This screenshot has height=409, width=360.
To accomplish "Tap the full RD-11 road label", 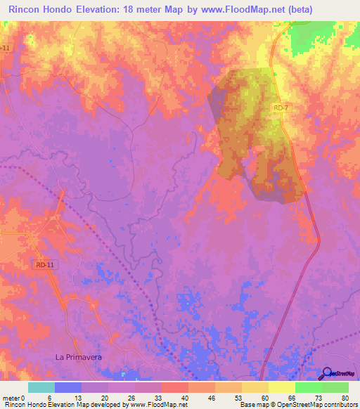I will click(44, 265).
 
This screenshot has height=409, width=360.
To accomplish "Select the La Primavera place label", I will click(79, 357).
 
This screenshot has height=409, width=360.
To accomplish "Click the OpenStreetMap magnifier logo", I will click(328, 374).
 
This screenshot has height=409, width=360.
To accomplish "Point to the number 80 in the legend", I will click(345, 397).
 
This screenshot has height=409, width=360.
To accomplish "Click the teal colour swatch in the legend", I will click(41, 387).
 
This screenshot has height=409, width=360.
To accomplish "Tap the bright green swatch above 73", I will click(309, 387).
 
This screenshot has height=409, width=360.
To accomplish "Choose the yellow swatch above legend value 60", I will click(255, 387).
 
